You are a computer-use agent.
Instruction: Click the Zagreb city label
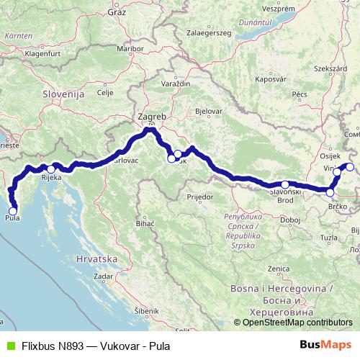[151, 117]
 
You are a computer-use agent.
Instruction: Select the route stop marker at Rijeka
[51, 169]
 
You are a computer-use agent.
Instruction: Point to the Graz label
[117, 12]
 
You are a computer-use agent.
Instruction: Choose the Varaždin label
[175, 84]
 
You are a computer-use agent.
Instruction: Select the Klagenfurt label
[41, 53]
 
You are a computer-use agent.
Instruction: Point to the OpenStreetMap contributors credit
[297, 323]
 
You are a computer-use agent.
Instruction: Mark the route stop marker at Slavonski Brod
[285, 185]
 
